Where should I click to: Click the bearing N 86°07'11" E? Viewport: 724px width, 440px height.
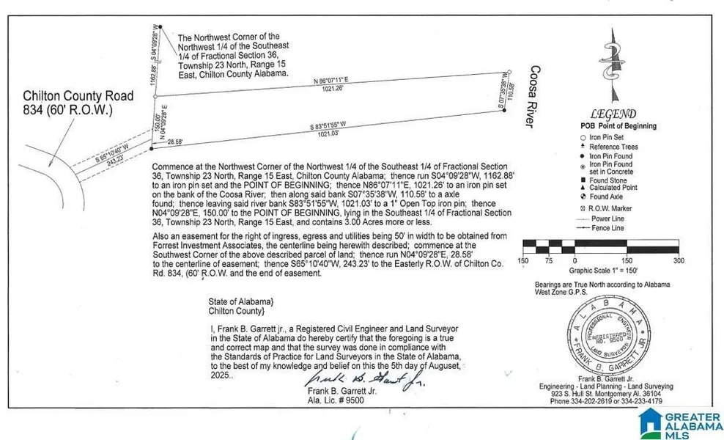click(333, 81)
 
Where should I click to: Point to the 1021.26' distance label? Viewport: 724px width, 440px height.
click(334, 91)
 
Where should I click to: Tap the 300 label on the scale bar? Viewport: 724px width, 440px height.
click(679, 261)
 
